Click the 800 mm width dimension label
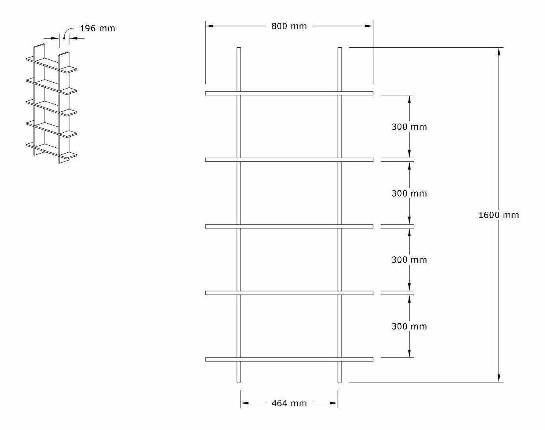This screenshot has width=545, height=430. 289,26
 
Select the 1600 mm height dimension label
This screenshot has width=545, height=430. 498,215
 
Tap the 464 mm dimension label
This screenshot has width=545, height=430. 289,403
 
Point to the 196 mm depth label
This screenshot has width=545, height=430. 97,28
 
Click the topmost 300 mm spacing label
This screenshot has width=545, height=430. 409,127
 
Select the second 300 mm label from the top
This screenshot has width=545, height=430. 409,193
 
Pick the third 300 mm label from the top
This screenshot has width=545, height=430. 409,260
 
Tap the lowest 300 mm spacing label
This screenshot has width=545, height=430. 409,326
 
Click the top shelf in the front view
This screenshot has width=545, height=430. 289,93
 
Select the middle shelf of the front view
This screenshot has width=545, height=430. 289,226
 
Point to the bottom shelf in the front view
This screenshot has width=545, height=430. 289,359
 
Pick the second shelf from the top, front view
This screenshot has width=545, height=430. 289,160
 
